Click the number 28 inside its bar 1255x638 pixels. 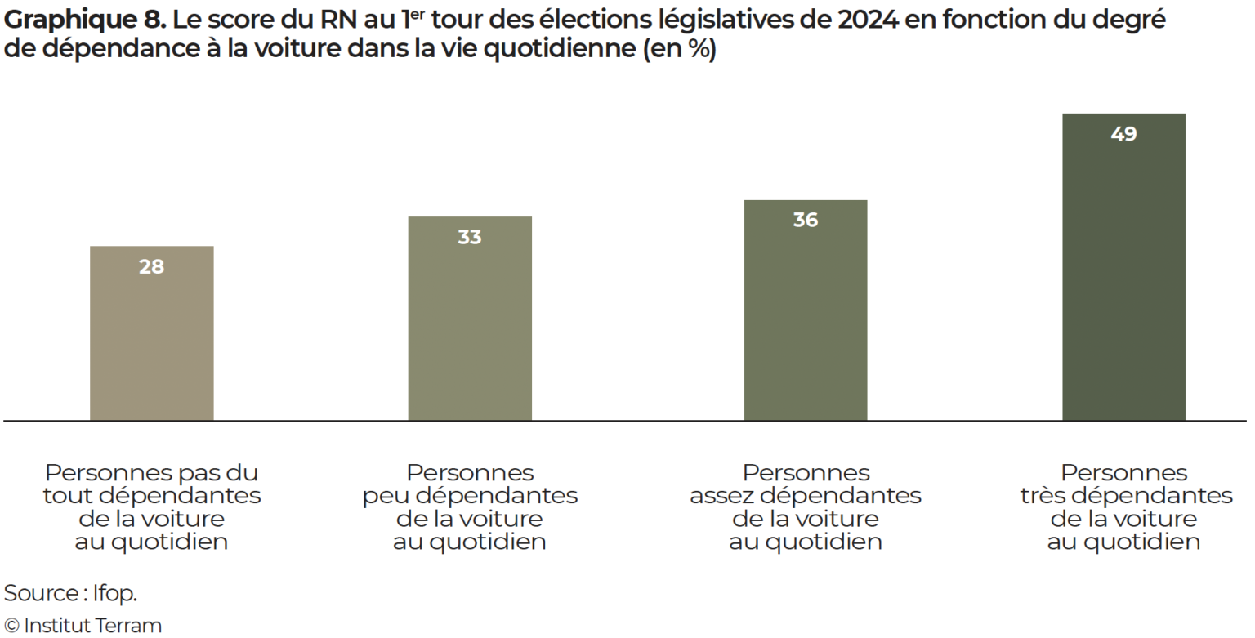(151, 267)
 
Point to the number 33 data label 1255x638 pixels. (470, 237)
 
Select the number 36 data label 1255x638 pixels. (805, 220)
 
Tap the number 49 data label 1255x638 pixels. (1123, 134)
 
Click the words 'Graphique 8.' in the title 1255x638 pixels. (85, 20)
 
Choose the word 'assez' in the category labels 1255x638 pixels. (720, 496)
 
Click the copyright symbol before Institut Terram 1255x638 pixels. (11, 627)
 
